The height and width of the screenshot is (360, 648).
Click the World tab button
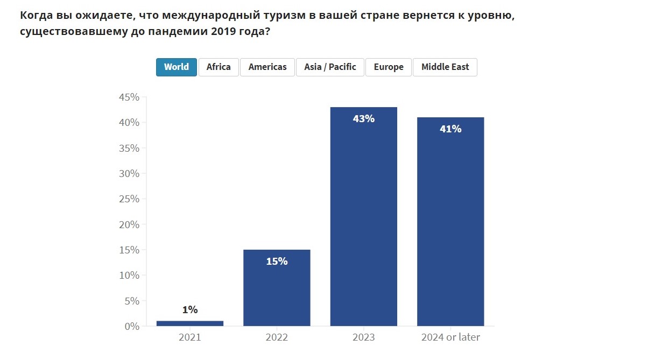(177, 67)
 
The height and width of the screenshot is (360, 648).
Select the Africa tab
(219, 67)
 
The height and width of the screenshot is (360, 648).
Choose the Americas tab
(267, 67)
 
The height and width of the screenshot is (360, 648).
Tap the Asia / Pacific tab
(330, 67)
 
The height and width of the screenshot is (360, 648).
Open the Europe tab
(389, 67)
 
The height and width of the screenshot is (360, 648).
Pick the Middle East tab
(445, 67)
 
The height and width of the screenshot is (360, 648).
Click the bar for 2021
(190, 323)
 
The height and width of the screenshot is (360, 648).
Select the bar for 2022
(277, 291)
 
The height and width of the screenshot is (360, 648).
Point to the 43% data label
(364, 119)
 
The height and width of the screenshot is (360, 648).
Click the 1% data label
(190, 310)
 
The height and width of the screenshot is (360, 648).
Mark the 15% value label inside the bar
(277, 262)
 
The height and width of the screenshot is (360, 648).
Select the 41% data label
(450, 129)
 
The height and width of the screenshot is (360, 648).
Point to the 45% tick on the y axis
(129, 97)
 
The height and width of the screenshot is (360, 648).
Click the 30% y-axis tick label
(129, 174)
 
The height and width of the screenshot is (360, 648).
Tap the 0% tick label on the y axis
(132, 326)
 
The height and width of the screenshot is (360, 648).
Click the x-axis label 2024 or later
(450, 338)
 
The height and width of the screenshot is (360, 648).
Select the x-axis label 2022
(277, 338)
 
